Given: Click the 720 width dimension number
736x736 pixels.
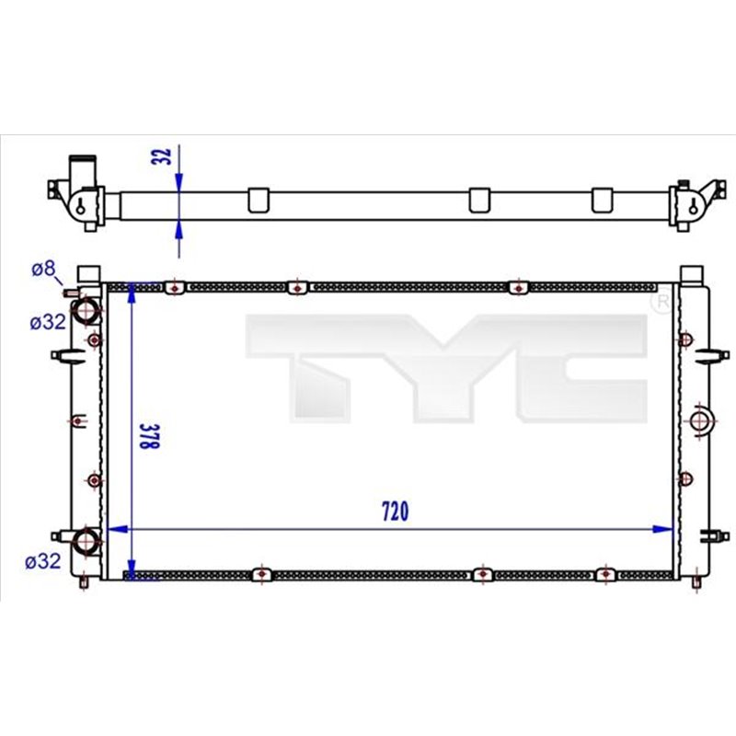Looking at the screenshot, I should click(393, 512).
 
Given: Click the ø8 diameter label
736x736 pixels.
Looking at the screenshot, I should click(42, 270).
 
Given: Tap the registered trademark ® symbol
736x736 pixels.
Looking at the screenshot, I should click(661, 301).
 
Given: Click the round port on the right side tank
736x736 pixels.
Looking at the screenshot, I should click(700, 421).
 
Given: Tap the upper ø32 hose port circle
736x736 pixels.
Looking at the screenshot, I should click(86, 311).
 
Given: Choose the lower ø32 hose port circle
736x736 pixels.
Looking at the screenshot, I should click(86, 541).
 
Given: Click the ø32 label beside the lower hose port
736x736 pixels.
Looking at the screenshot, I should click(44, 560).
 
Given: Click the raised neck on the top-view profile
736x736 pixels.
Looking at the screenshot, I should click(85, 169).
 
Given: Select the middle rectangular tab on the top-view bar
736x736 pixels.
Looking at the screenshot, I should click(479, 200).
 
